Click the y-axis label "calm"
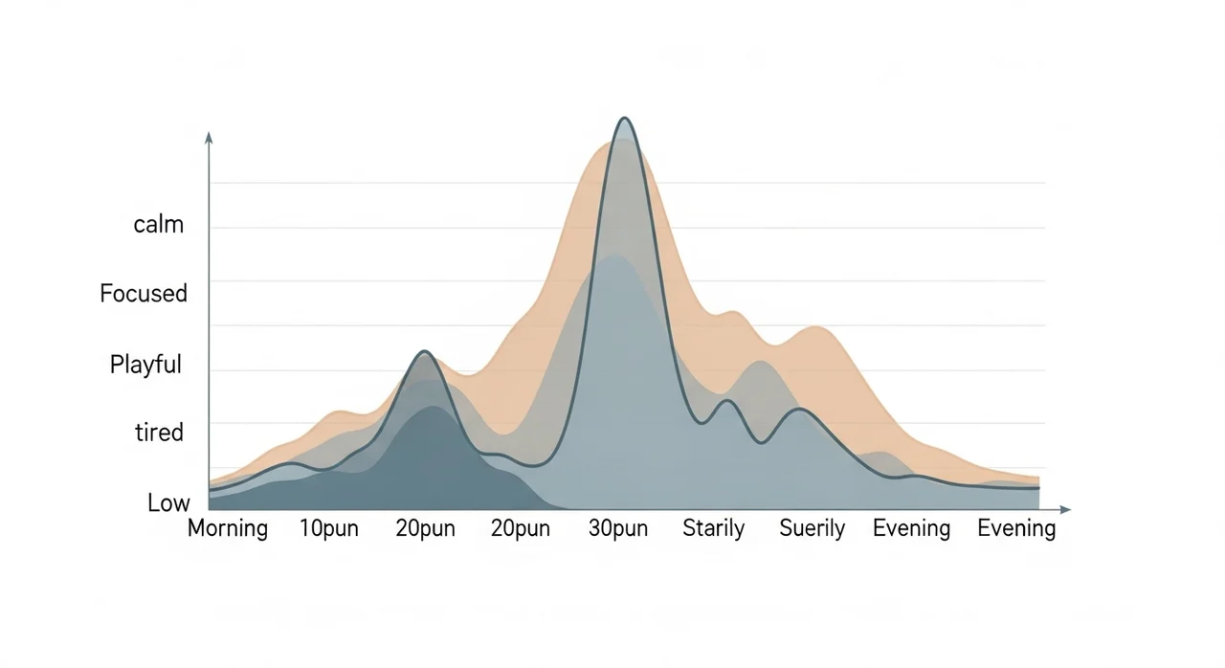(159, 225)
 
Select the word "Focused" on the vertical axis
(144, 293)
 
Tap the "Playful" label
(145, 365)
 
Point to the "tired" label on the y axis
(159, 433)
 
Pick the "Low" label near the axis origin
(168, 502)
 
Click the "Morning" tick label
(228, 528)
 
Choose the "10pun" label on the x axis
(328, 528)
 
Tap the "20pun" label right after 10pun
(425, 528)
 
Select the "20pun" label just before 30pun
(520, 528)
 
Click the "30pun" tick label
(617, 528)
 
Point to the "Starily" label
(713, 528)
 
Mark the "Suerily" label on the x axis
(812, 528)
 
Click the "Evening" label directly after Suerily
(911, 528)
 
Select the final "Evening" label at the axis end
(1016, 528)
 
